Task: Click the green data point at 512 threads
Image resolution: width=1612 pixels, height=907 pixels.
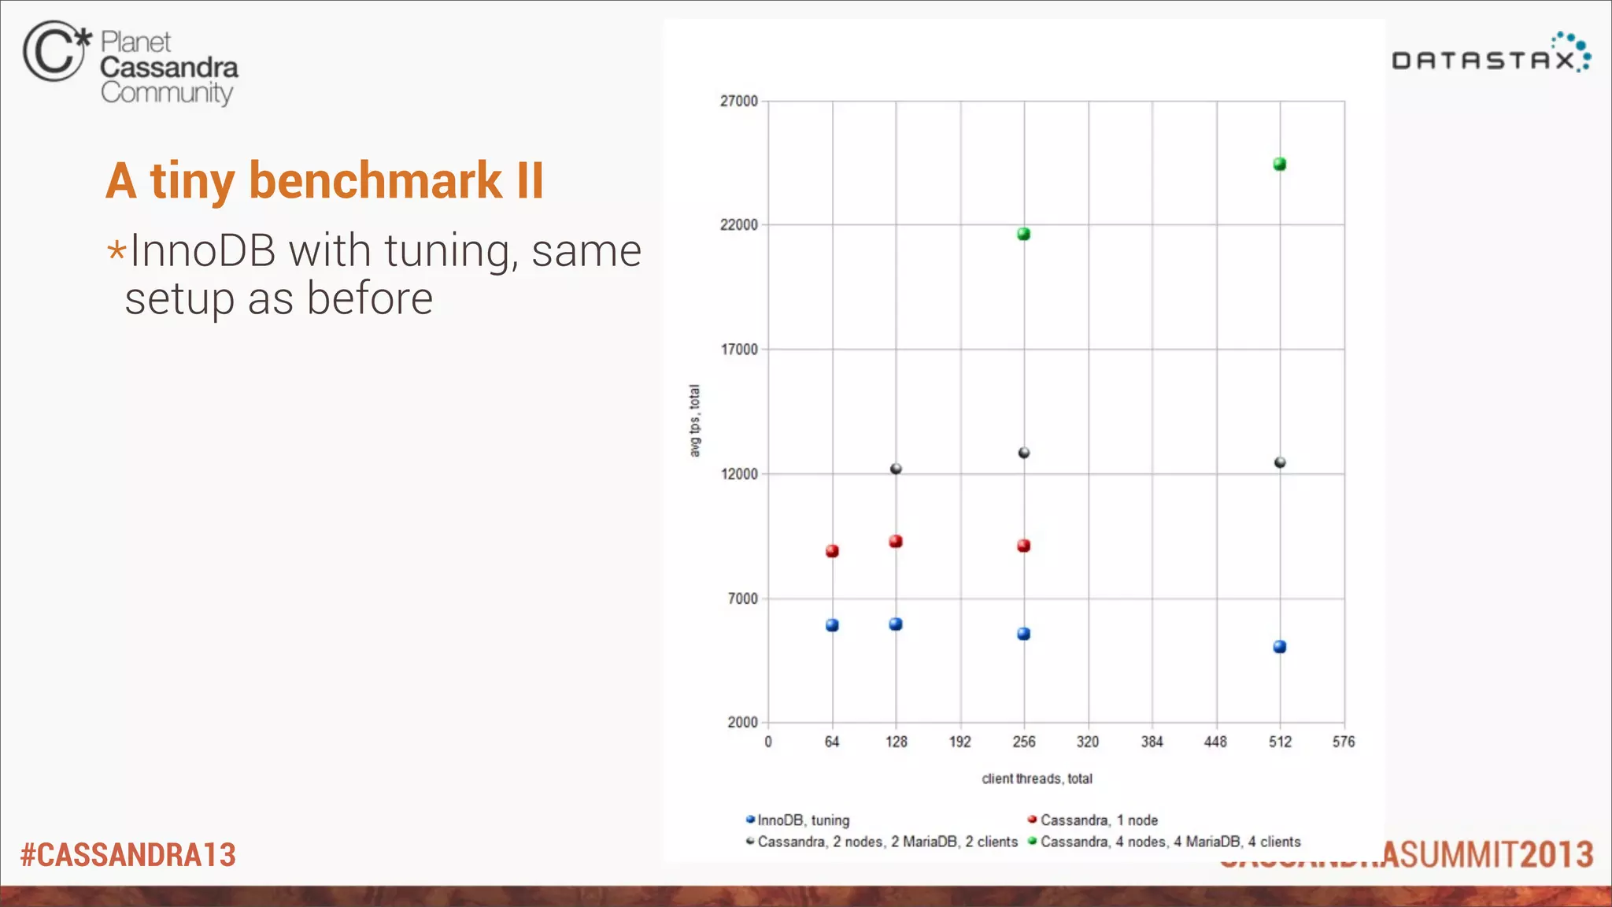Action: point(1280,164)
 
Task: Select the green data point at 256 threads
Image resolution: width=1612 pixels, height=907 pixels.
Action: point(1023,234)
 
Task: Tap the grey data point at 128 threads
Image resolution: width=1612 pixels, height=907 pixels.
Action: point(896,468)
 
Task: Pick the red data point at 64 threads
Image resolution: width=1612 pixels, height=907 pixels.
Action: point(832,551)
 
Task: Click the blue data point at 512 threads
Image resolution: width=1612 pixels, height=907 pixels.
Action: point(1280,646)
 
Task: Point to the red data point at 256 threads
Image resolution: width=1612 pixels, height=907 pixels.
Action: point(1023,546)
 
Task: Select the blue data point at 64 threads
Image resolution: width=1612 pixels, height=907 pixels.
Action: point(832,625)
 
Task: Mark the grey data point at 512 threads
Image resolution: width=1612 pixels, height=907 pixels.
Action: point(1280,462)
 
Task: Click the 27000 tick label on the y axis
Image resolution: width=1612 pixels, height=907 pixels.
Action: point(738,101)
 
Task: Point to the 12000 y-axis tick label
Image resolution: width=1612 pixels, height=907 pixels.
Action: point(738,474)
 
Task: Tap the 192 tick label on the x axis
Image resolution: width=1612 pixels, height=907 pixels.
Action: point(959,742)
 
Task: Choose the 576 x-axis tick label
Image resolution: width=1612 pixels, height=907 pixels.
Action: point(1344,742)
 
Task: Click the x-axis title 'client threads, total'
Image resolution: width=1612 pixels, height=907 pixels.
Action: point(1037,779)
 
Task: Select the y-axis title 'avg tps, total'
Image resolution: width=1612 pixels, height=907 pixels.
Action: point(694,420)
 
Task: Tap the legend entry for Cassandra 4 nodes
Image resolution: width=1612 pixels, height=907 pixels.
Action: point(1170,842)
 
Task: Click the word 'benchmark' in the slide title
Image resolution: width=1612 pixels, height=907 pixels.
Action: point(375,181)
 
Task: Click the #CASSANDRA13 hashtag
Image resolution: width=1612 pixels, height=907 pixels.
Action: point(128,855)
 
